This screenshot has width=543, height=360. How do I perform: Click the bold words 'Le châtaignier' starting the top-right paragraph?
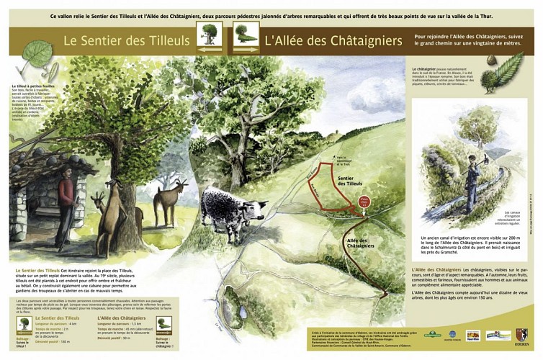421,65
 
